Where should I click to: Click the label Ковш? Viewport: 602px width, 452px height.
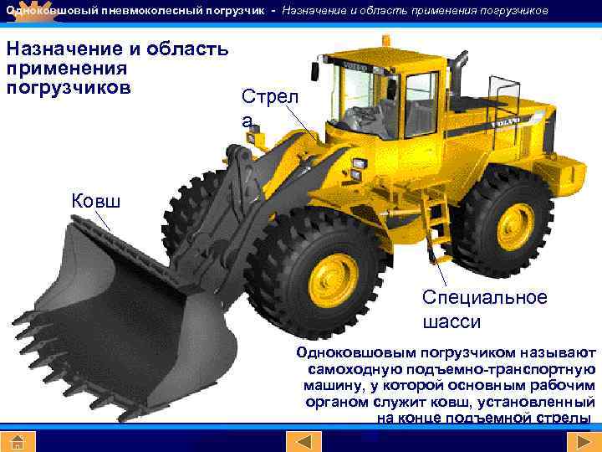(96, 201)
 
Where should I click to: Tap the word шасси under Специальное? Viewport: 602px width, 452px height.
(451, 322)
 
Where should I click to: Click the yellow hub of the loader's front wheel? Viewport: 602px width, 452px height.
(334, 279)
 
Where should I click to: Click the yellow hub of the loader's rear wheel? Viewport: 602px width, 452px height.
(515, 227)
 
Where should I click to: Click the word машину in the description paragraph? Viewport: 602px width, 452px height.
(333, 386)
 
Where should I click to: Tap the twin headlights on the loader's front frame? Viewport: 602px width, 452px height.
(358, 169)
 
